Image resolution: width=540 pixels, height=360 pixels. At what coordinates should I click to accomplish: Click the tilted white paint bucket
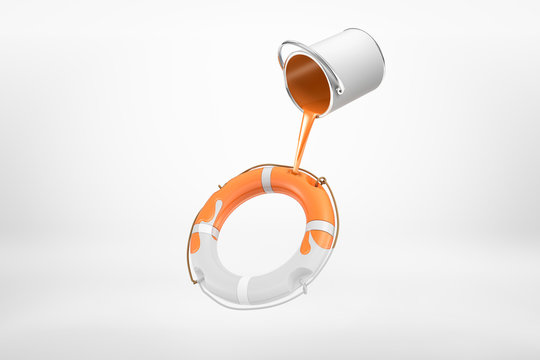point(335,70)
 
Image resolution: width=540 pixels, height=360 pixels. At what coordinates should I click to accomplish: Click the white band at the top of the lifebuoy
point(266,179)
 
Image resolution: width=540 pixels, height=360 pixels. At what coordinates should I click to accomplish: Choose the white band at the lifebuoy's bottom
point(243,289)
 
